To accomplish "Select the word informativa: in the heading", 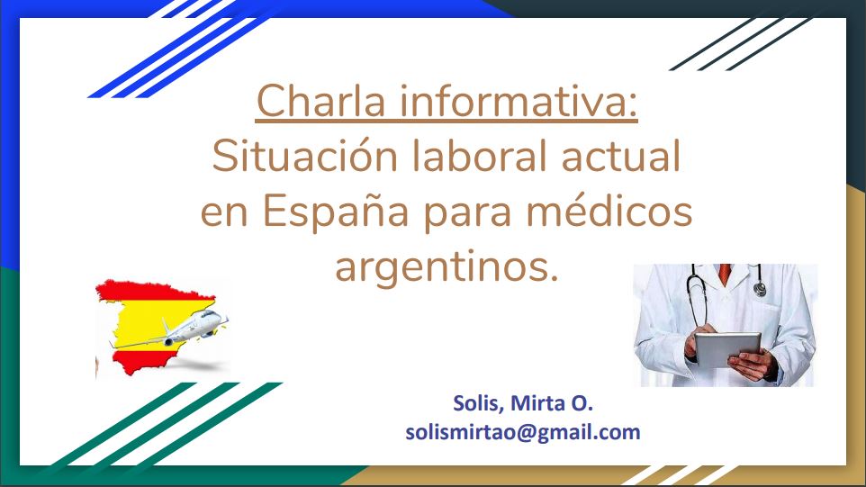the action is (518, 101).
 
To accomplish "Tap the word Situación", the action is (305, 156).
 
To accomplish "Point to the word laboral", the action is (480, 156).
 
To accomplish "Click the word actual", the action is (621, 156).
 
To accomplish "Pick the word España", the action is (335, 211).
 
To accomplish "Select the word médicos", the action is (609, 211).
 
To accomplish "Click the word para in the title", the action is (467, 215).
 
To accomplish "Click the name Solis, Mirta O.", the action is (523, 403).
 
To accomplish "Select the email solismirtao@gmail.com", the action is (523, 432).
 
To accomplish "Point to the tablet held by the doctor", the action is (726, 349).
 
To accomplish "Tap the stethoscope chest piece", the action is (760, 289).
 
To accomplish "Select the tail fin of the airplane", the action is (166, 327).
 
